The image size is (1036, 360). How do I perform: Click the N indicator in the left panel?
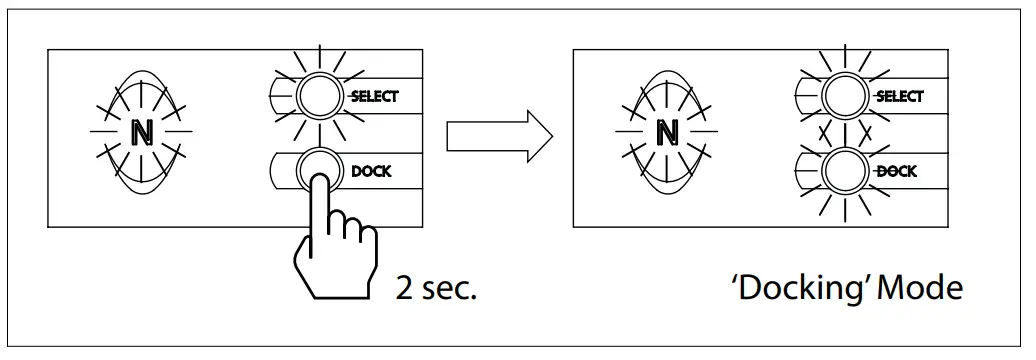pyautogui.click(x=140, y=131)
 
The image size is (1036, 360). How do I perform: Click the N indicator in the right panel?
pyautogui.click(x=665, y=131)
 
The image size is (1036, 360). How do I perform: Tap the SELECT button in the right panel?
pyautogui.click(x=843, y=96)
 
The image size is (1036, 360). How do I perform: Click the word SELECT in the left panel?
pyautogui.click(x=374, y=96)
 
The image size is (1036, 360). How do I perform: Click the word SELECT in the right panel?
pyautogui.click(x=899, y=96)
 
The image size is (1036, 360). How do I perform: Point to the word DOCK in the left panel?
pyautogui.click(x=371, y=171)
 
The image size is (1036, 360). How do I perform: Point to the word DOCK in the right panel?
pyautogui.click(x=896, y=171)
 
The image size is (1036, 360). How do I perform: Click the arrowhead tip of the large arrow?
pyautogui.click(x=553, y=133)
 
